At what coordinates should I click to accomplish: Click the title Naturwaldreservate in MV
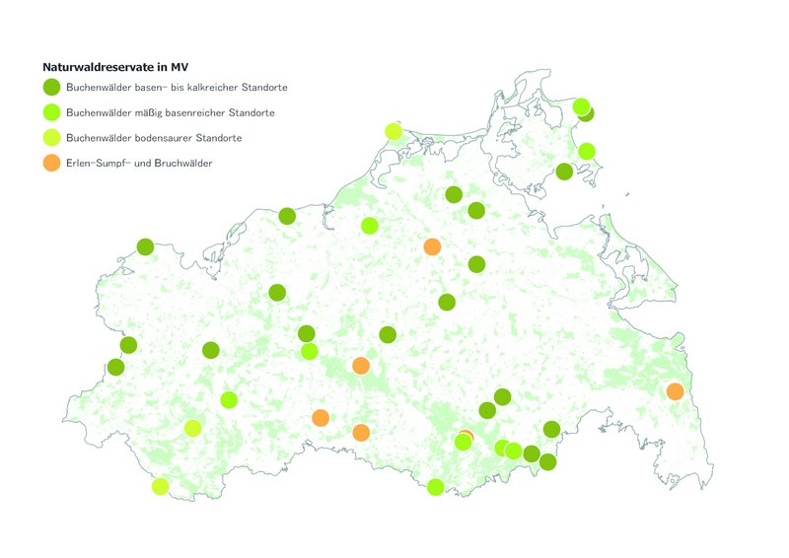[115, 68]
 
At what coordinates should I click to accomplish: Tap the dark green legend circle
[52, 88]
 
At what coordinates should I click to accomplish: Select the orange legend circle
[52, 163]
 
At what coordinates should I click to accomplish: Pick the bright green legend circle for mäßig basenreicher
[52, 112]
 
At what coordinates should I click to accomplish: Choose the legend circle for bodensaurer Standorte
[52, 137]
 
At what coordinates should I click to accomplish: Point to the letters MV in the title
[178, 68]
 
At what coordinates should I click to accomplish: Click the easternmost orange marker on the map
[675, 391]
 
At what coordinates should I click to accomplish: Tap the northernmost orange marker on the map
[432, 246]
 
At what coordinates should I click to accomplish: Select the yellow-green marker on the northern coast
[394, 131]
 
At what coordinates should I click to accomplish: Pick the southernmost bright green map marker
[435, 486]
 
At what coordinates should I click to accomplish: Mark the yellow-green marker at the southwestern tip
[160, 485]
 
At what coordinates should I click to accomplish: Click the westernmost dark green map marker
[115, 367]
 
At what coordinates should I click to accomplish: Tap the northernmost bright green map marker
[581, 106]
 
